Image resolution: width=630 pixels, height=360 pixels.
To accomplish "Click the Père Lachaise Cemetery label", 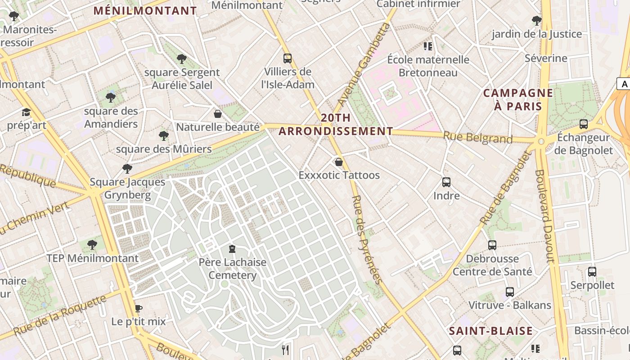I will pos(233,269).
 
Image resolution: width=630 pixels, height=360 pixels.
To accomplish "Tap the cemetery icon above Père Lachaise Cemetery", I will pos(232,249).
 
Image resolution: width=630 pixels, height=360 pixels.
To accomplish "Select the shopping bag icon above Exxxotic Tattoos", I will pos(339,162).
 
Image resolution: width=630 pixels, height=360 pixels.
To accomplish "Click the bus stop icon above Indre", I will pos(446,182).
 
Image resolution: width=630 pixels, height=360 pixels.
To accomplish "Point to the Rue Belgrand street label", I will pos(477,137).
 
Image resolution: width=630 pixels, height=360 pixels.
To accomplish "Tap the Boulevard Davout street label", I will pos(544,216).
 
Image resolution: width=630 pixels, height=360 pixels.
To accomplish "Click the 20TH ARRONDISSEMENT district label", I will pos(336,125).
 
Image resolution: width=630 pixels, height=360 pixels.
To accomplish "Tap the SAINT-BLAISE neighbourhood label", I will pos(491,331).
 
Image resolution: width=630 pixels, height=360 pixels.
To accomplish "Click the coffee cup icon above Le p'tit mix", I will pos(139,308).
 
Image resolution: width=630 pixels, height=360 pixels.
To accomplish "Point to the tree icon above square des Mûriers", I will pos(164,135).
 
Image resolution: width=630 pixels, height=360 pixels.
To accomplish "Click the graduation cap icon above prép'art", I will pos(27,112).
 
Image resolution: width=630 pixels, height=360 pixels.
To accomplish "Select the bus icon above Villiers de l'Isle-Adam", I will pos(288,58).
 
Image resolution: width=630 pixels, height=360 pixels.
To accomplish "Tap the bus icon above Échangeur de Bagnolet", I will pos(584,124).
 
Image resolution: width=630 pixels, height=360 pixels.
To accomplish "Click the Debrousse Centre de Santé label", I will pos(492,265).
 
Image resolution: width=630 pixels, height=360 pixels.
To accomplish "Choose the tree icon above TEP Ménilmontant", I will pos(92,245).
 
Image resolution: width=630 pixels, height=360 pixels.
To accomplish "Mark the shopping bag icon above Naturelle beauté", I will pos(218,114).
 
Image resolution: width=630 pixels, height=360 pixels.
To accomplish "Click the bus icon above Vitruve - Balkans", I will pos(510,292).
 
